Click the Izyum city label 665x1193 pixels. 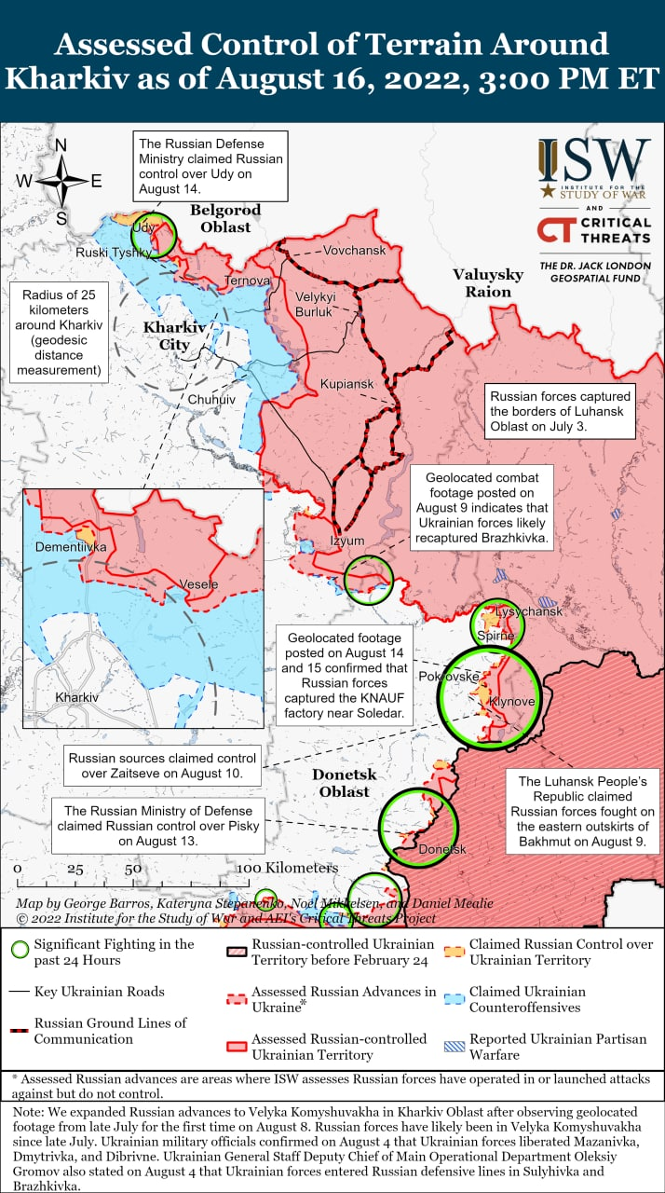point(346,541)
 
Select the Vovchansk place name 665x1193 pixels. point(353,250)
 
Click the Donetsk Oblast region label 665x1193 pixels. point(341,783)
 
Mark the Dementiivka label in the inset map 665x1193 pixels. point(71,547)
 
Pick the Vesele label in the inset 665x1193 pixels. point(198,584)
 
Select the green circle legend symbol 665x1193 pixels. point(19,952)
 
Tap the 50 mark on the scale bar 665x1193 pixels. point(133,869)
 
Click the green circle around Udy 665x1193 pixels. point(156,234)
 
